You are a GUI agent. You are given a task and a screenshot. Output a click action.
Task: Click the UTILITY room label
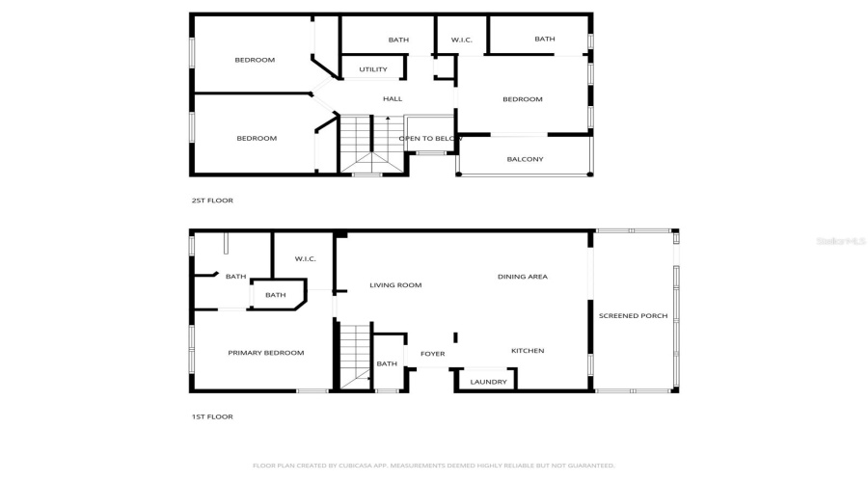tap(373, 69)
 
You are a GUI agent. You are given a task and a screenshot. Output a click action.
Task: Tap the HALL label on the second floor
tap(393, 99)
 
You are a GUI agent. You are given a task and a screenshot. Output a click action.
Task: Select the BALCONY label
tap(525, 159)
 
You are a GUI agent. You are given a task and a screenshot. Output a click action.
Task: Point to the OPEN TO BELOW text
tap(431, 139)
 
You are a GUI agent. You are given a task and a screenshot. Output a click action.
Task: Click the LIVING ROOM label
tap(395, 285)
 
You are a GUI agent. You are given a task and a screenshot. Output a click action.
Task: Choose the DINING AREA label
tap(522, 277)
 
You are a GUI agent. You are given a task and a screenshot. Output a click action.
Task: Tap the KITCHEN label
tap(528, 351)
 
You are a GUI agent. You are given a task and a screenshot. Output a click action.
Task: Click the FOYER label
tap(433, 354)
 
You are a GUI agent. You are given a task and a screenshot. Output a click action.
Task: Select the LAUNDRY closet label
tap(488, 382)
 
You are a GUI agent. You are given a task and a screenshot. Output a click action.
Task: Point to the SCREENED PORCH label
tap(633, 315)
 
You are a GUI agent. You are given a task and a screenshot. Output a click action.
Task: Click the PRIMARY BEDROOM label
tap(265, 353)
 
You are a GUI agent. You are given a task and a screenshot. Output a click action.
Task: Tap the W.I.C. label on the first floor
tap(305, 258)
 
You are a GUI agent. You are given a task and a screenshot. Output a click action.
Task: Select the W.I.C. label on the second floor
tap(461, 40)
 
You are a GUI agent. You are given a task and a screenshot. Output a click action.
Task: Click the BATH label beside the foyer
tap(387, 363)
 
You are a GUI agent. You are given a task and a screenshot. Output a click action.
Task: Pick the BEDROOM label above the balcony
tap(522, 99)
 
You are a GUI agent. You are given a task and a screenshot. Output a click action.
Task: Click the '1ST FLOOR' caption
tap(211, 416)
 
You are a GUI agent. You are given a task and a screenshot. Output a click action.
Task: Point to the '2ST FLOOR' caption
tap(211, 201)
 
